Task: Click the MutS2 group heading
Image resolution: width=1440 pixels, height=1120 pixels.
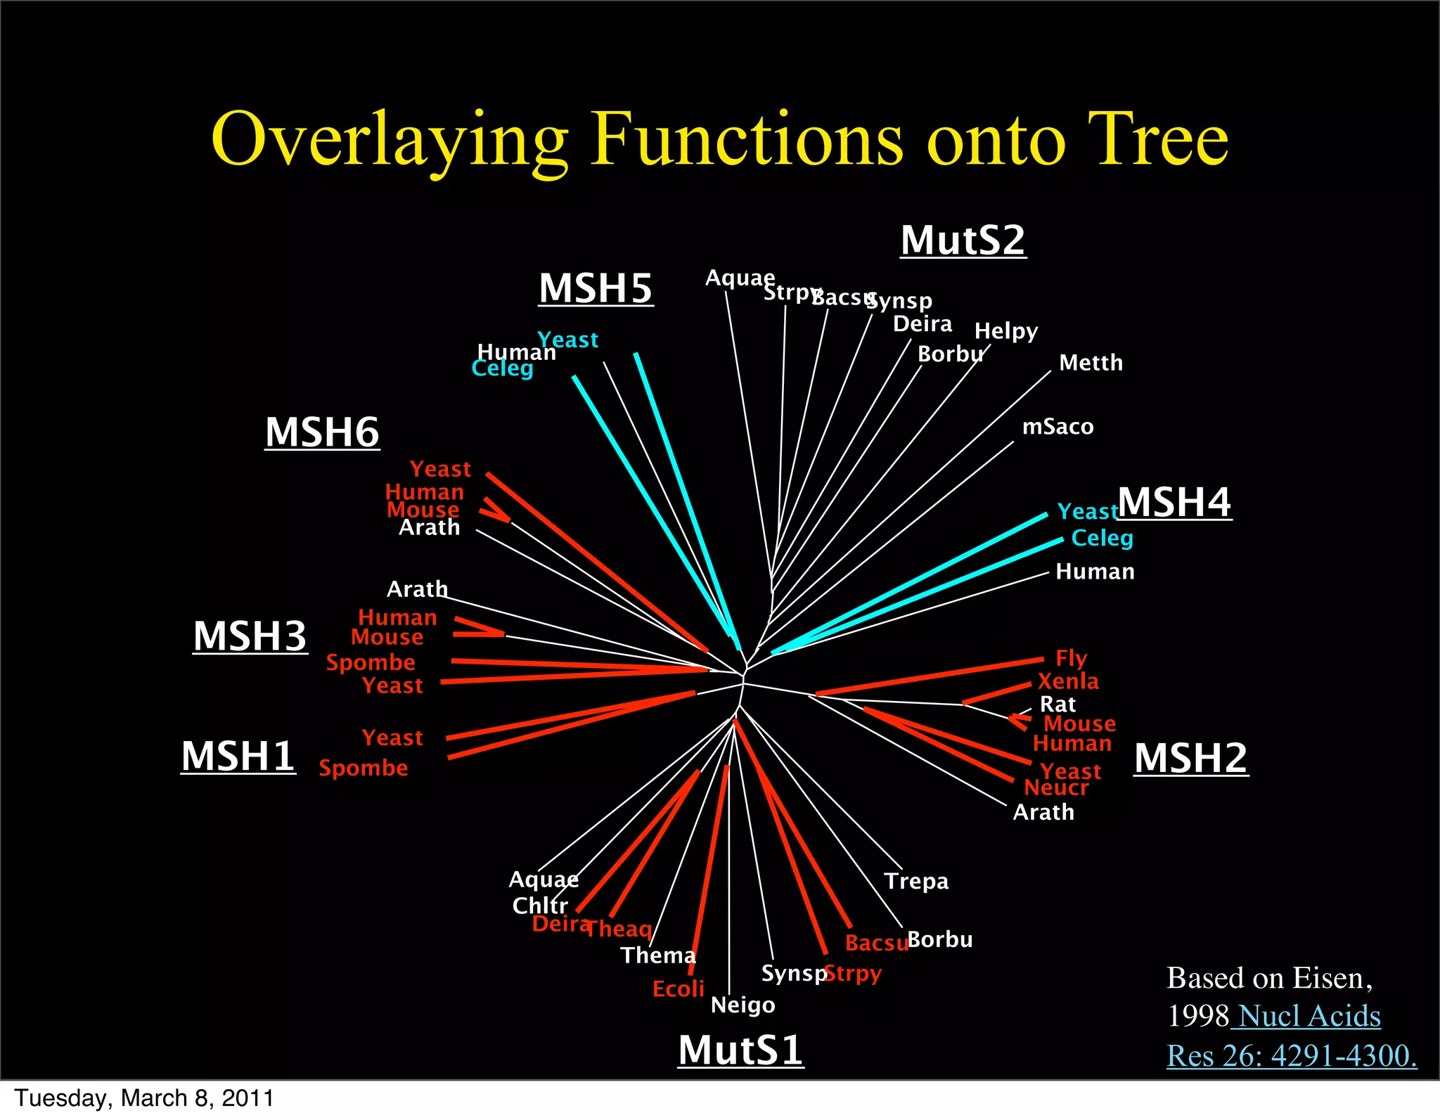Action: (963, 241)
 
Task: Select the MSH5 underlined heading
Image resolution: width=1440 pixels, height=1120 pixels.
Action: (596, 288)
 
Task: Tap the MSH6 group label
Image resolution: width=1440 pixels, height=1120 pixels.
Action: (322, 432)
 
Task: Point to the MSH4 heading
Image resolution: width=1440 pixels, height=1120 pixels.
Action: (1174, 503)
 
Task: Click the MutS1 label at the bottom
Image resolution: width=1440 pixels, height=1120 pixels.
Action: (740, 1050)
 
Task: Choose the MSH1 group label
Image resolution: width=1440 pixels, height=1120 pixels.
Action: (238, 757)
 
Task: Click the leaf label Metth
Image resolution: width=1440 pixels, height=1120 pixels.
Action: (1091, 363)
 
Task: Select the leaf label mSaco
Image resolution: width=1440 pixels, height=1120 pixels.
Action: (1057, 427)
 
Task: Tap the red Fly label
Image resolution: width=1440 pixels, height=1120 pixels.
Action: (1071, 658)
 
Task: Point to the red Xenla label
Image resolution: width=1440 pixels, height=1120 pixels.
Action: (1068, 681)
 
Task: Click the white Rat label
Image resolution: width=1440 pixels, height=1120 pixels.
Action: (1057, 704)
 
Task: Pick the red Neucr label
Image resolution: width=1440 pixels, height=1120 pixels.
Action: (1056, 788)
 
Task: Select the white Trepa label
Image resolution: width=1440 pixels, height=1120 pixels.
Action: (916, 881)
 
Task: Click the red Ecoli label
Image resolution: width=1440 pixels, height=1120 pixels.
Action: (678, 989)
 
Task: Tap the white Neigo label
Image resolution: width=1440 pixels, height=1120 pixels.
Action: (742, 1005)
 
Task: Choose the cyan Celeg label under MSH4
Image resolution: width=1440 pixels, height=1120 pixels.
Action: (1102, 539)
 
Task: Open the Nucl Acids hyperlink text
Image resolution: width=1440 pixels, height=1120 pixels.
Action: (1309, 1017)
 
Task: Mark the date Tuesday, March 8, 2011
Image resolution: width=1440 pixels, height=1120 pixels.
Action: (144, 1098)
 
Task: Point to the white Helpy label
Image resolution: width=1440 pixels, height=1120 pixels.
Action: (1005, 330)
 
